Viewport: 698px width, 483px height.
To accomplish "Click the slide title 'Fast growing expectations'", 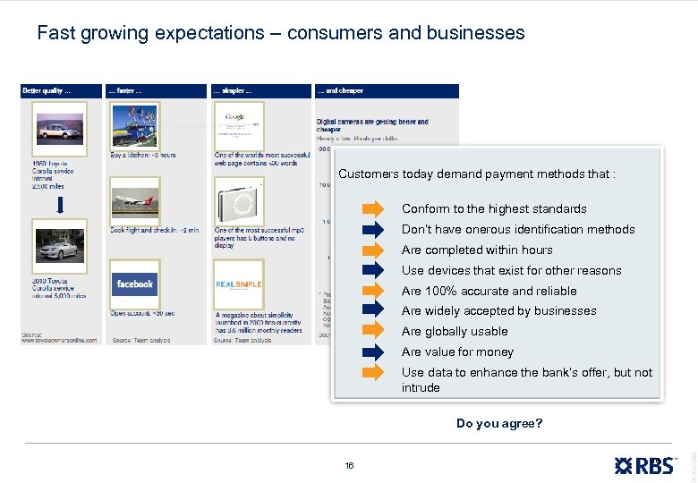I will tap(280, 33).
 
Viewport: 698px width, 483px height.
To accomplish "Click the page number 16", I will tap(349, 465).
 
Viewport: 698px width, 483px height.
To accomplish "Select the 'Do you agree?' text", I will tap(499, 423).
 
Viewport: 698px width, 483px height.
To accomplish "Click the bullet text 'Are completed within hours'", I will tap(477, 250).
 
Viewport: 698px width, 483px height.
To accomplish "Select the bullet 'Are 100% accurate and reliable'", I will tap(489, 291).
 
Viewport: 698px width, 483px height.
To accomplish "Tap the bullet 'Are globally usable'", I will tap(455, 332).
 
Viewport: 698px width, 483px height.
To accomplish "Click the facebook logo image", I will tap(135, 284).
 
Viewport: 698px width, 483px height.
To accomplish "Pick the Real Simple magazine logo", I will tap(239, 284).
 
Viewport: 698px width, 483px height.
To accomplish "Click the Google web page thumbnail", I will tap(239, 124).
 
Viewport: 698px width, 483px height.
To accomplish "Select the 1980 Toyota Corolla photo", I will tap(59, 129).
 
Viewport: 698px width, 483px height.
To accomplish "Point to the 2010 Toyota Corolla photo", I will tap(59, 245).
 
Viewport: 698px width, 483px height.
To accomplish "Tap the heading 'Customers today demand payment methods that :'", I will tap(476, 174).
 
